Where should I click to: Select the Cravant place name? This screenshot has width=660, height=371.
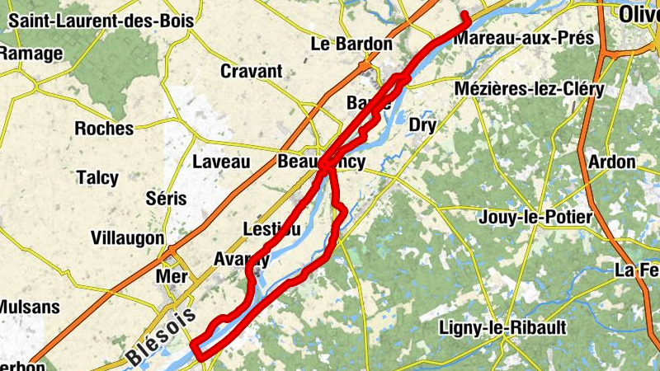(x=251, y=72)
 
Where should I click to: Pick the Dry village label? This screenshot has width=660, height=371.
(x=422, y=125)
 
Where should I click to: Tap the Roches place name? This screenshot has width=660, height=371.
(x=104, y=129)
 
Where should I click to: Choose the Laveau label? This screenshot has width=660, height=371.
(x=221, y=162)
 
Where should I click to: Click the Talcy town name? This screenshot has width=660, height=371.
(x=97, y=178)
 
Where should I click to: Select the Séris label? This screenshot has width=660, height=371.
(x=165, y=199)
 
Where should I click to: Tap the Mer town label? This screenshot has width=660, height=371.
(x=172, y=276)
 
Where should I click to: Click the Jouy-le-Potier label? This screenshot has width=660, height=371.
(x=535, y=218)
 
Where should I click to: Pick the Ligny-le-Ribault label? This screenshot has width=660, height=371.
(x=503, y=328)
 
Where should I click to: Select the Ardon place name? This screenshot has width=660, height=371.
(x=611, y=162)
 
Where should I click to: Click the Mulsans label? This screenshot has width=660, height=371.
(x=28, y=308)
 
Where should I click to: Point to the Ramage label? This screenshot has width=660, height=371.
(x=31, y=54)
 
